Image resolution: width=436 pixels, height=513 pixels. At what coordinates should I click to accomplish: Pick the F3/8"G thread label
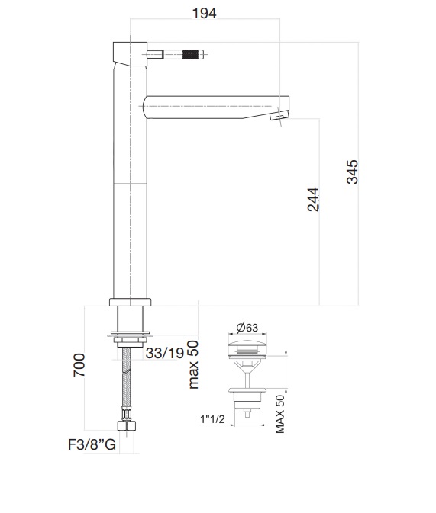89,446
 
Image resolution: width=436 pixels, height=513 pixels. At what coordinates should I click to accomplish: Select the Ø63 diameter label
247,328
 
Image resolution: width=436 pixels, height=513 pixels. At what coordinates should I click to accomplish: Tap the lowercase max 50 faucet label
193,364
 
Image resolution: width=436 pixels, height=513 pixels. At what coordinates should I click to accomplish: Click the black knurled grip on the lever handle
190,54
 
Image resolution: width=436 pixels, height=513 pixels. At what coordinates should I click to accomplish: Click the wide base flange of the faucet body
133,302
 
